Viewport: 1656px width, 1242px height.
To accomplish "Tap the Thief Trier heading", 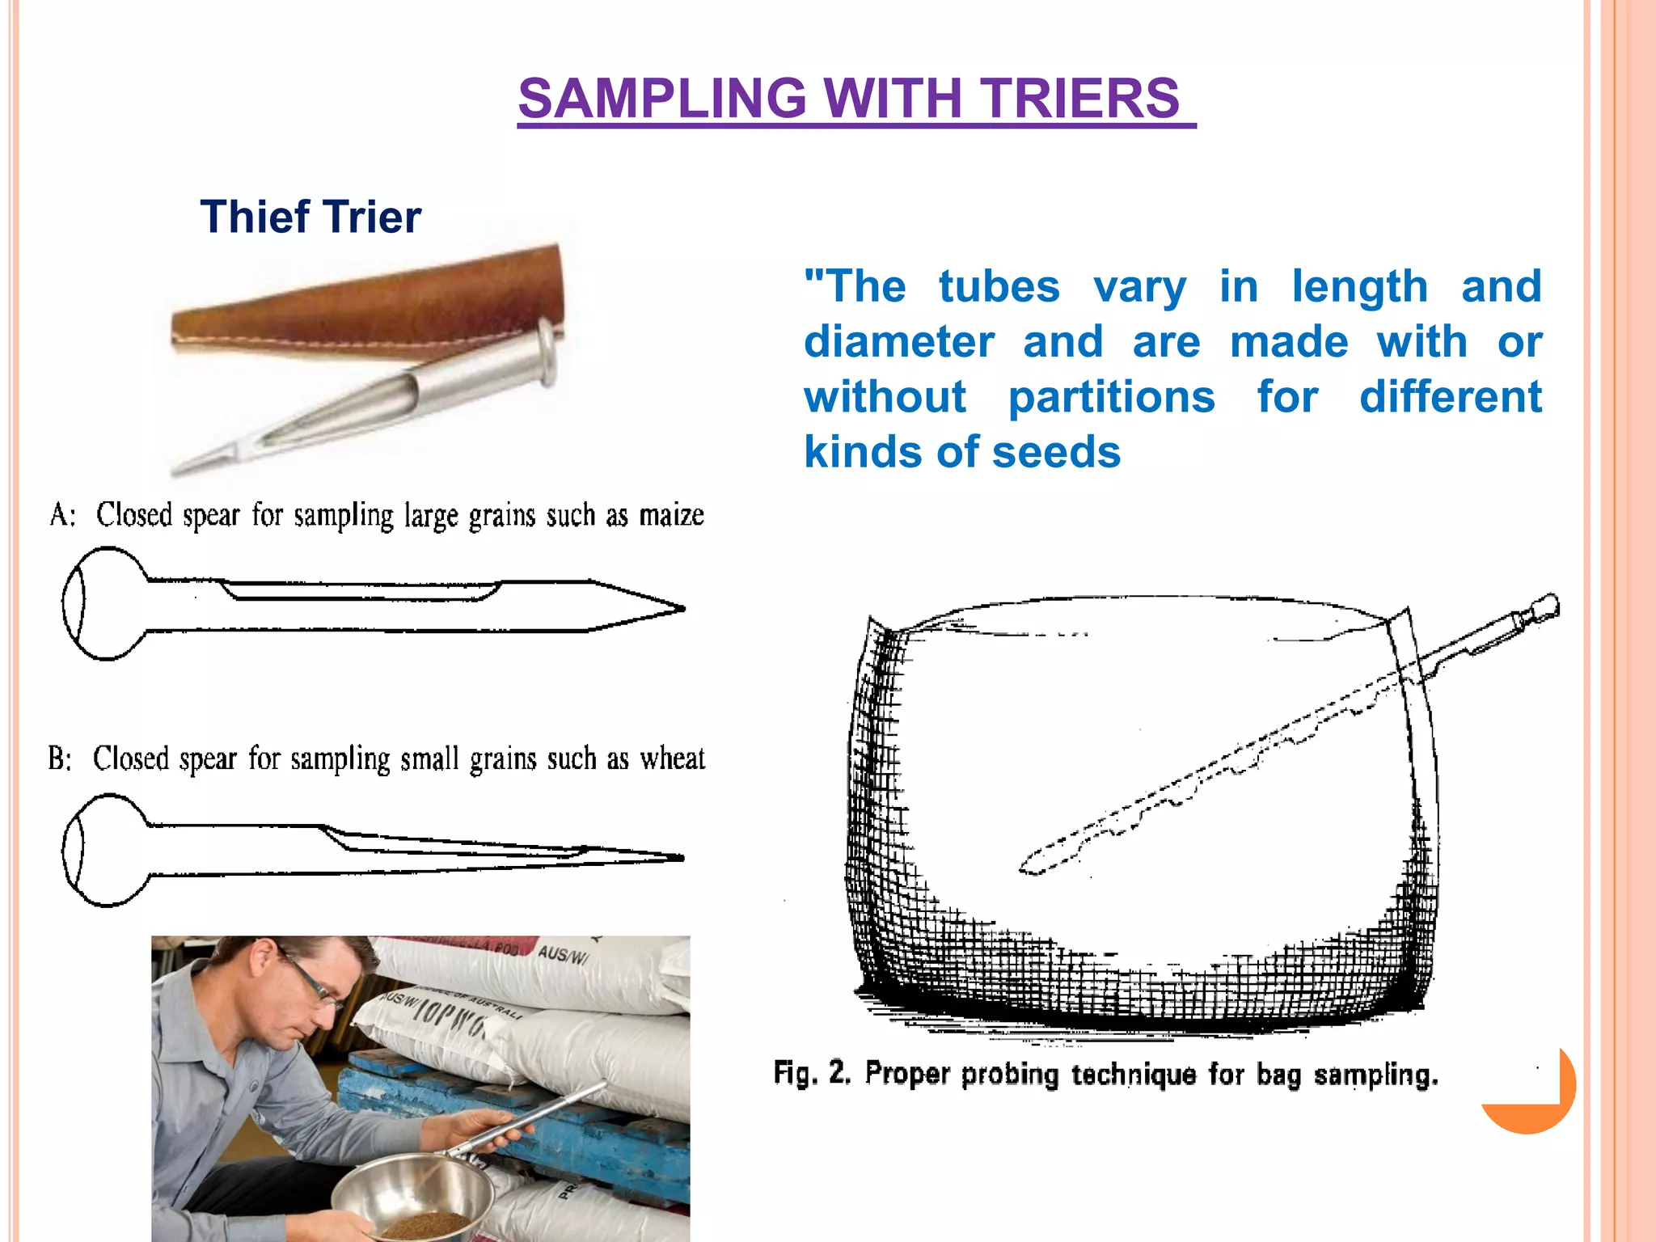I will click(x=310, y=217).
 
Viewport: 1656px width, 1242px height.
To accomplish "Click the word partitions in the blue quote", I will click(x=1111, y=397).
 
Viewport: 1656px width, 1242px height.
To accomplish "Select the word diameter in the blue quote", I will click(x=898, y=342).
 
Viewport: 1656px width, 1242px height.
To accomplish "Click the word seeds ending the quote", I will click(x=1055, y=452).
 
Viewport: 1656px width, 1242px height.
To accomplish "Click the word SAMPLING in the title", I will click(x=662, y=99).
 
